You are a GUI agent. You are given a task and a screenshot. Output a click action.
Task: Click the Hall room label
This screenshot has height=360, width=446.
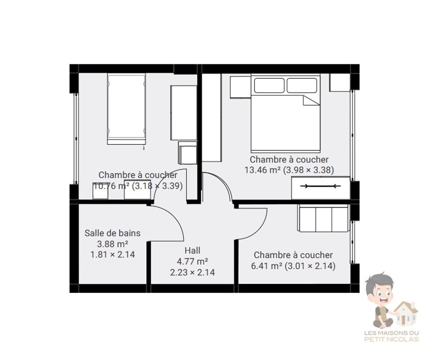[192, 251]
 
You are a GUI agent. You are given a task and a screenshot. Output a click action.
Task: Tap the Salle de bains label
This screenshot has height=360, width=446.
[112, 233]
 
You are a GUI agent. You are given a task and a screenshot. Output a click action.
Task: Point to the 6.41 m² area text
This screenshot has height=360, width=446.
[267, 266]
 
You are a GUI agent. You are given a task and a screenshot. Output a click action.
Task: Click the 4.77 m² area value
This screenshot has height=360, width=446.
[192, 261]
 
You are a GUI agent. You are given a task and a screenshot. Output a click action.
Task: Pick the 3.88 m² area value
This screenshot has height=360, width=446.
[112, 244]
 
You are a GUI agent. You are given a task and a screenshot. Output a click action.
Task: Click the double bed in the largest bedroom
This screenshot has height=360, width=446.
[285, 113]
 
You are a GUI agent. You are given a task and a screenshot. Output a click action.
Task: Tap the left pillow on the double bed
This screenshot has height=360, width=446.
[269, 85]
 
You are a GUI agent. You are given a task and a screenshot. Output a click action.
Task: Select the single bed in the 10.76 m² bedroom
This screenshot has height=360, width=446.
[127, 109]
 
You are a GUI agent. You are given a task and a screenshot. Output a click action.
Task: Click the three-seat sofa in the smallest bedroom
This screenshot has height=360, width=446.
[323, 218]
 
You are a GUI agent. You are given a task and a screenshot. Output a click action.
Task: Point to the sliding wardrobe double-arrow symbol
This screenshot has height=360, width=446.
[321, 186]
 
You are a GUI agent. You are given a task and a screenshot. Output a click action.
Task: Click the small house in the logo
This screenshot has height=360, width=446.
[406, 314]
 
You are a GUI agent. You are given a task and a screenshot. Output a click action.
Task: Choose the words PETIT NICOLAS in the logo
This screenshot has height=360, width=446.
[392, 339]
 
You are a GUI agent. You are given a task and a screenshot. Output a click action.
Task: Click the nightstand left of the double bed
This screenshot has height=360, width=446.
[241, 87]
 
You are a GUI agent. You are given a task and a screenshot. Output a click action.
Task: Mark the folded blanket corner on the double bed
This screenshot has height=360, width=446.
[312, 100]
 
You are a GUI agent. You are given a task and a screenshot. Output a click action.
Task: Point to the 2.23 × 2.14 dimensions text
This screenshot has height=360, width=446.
[192, 272]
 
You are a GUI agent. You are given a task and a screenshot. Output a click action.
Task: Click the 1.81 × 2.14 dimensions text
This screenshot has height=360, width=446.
[112, 254]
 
